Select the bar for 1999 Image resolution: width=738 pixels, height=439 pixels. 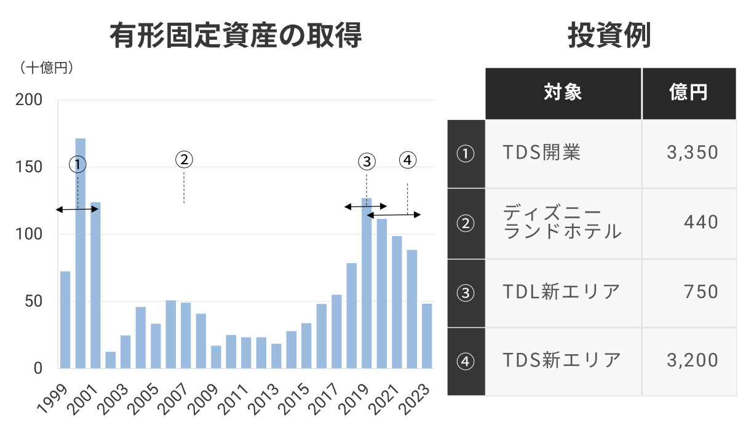(65, 320)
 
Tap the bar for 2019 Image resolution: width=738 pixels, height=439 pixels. (367, 283)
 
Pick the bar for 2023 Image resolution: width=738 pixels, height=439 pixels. (427, 336)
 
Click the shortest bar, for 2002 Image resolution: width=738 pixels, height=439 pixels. (111, 360)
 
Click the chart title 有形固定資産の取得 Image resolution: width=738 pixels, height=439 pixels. (236, 36)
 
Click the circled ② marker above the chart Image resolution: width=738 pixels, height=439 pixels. (184, 160)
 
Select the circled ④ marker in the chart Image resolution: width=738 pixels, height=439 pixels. (407, 160)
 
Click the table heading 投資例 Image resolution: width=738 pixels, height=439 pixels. (609, 36)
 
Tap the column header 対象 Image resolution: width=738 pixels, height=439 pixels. (563, 93)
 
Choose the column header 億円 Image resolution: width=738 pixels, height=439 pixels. (688, 93)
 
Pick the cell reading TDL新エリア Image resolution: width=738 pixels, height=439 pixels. (561, 292)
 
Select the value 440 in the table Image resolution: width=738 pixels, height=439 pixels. (700, 221)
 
